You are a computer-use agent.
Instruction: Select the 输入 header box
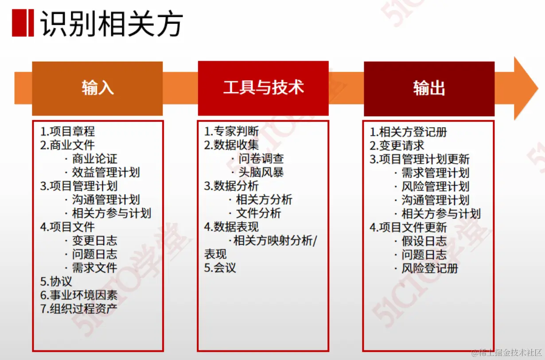97,88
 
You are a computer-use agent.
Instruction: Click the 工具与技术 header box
263,88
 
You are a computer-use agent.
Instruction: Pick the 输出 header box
429,88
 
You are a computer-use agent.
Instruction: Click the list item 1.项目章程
67,132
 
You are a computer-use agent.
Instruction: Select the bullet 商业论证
94,159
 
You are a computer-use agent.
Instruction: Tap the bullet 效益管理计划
106,172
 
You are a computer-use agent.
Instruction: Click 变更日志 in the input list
94,241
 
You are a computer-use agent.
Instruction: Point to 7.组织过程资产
79,309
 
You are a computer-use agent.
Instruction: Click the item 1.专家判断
231,132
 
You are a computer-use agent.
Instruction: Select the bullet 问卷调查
261,159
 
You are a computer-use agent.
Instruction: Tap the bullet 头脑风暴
261,172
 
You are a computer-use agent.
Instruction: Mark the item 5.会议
220,268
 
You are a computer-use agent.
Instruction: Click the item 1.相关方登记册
408,132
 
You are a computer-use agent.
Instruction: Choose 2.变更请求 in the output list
397,145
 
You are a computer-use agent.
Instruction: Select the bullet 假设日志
424,241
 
